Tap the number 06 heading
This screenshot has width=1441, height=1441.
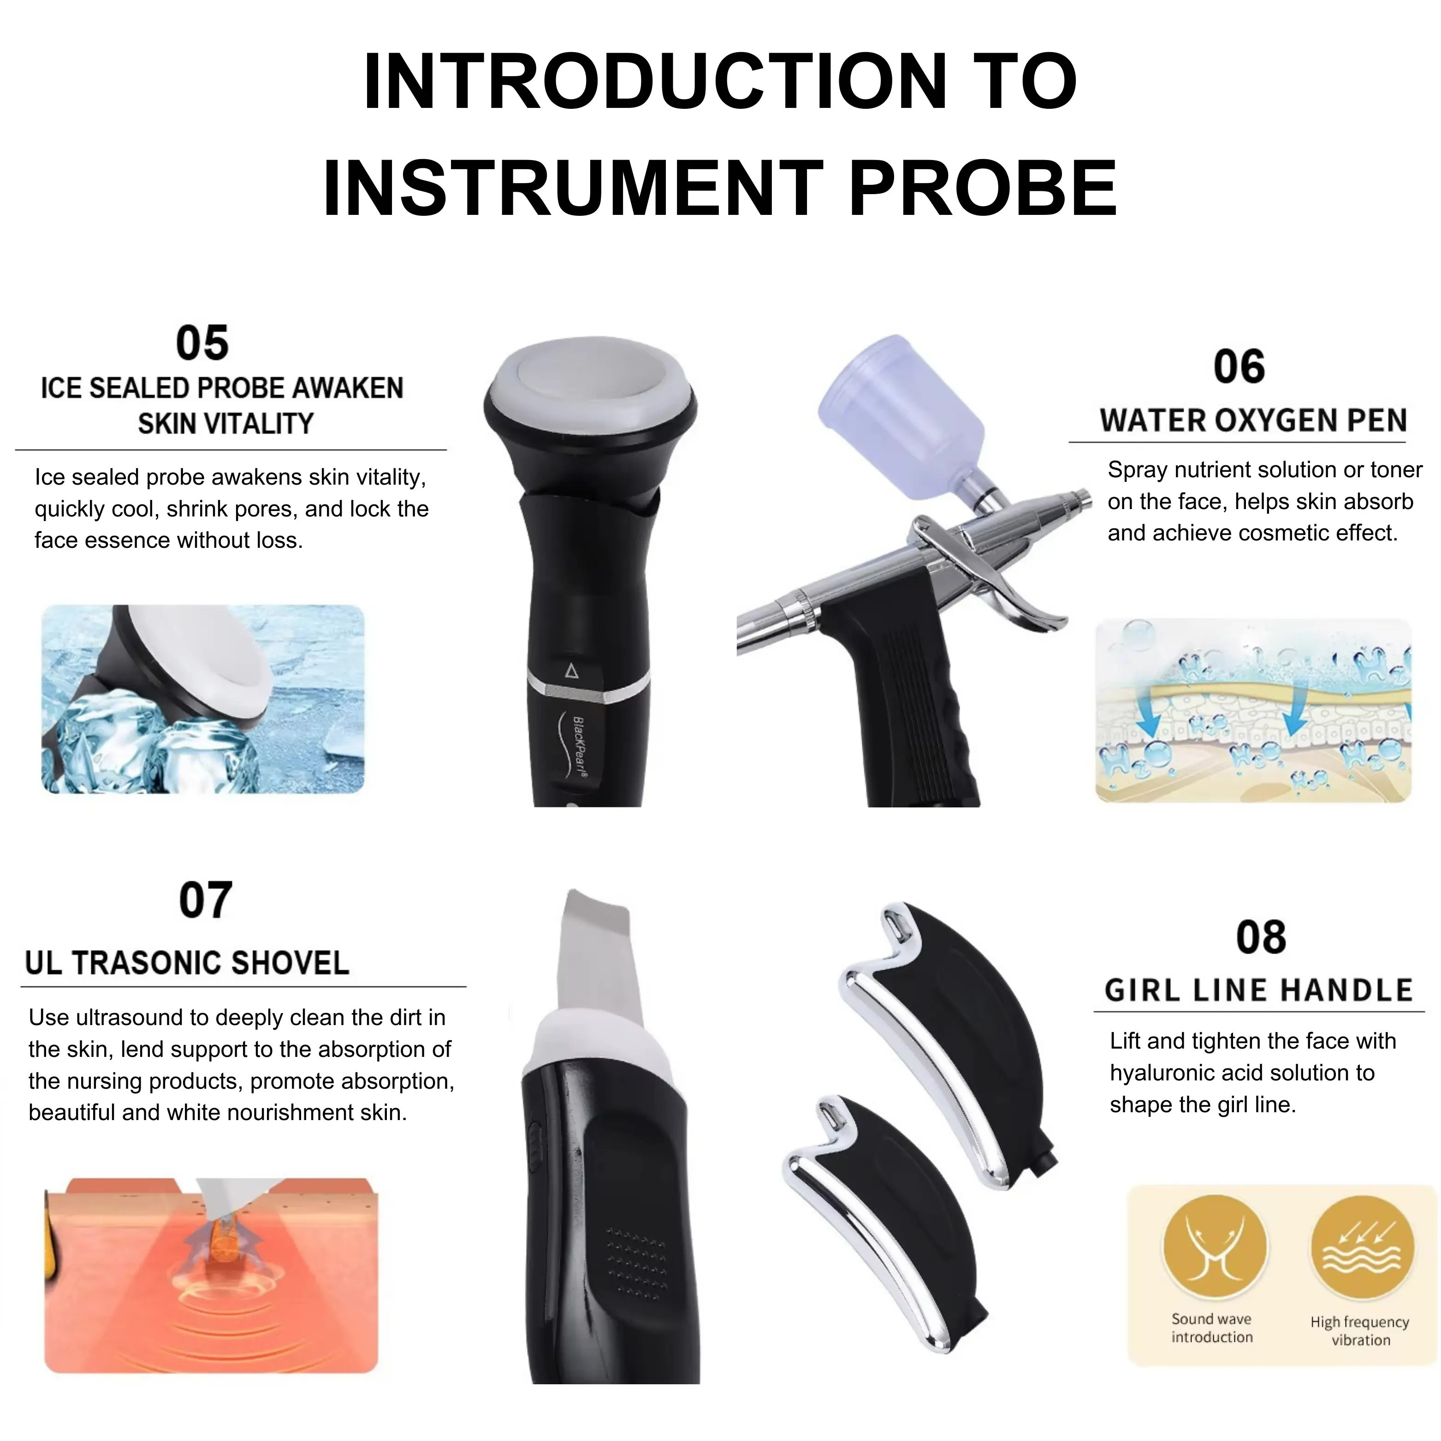[1239, 367]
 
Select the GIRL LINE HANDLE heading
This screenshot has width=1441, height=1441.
[1258, 990]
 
